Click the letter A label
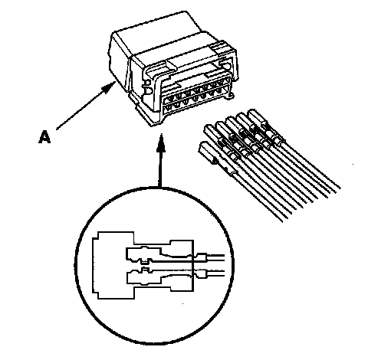point(44,136)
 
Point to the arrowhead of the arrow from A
point(108,87)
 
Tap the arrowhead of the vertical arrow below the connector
point(161,142)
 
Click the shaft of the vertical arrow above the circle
point(160,169)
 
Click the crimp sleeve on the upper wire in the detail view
point(202,257)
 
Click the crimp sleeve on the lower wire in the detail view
point(202,273)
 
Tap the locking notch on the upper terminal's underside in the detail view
point(145,262)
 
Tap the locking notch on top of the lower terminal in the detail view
point(145,270)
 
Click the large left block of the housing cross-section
point(113,265)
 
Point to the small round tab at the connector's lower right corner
point(231,96)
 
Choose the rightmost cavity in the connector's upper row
point(225,82)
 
